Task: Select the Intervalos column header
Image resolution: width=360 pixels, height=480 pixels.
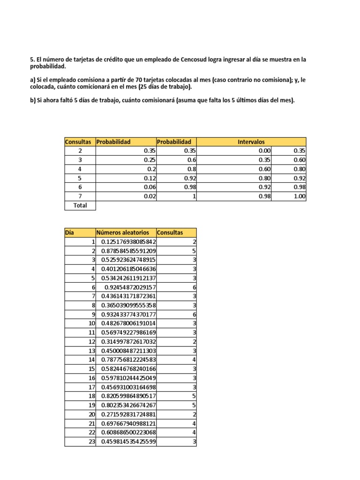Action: (251, 142)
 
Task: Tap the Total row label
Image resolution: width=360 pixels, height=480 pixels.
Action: (80, 205)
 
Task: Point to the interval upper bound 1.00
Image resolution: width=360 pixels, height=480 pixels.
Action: (299, 196)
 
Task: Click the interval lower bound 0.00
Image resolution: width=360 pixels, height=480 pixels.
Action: (265, 151)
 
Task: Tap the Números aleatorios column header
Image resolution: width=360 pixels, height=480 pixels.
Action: (123, 232)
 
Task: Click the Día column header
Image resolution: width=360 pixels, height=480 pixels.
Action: (69, 232)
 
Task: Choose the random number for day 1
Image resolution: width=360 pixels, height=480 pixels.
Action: (128, 241)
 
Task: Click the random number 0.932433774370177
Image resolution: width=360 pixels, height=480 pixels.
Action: (128, 314)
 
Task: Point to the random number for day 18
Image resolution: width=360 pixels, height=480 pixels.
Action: (128, 396)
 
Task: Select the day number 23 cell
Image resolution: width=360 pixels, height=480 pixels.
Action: (91, 442)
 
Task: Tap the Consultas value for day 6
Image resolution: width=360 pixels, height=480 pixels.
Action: (194, 287)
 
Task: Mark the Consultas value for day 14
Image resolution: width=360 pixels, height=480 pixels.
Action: (194, 360)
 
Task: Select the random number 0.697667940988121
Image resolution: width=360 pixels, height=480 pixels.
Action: (128, 423)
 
